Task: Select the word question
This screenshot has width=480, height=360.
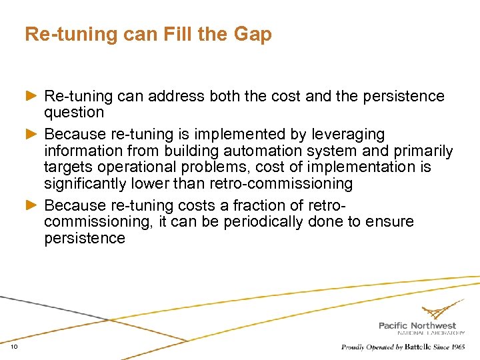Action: click(74, 113)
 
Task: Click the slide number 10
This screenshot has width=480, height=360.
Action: click(15, 347)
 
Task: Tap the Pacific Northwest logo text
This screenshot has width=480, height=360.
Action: click(417, 326)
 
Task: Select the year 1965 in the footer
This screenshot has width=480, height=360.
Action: click(457, 347)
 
